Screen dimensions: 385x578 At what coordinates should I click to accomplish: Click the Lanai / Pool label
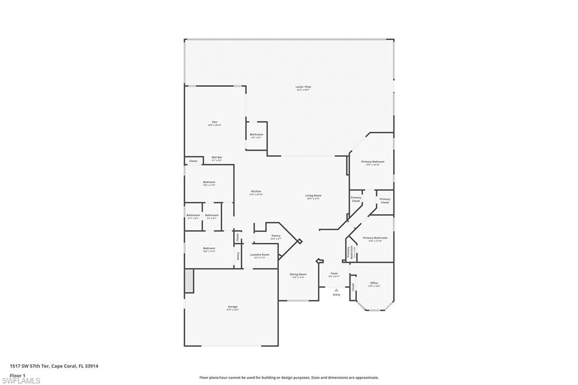tap(303, 87)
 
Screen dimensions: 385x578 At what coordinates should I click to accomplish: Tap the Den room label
tap(214, 122)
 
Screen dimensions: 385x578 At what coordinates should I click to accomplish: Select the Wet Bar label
tap(216, 157)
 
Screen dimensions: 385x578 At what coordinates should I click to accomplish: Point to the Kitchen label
tap(256, 191)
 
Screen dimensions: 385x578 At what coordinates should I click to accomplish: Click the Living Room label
tap(313, 195)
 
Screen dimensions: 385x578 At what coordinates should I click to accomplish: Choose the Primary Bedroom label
tap(373, 161)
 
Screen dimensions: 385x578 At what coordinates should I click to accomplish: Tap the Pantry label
tap(275, 235)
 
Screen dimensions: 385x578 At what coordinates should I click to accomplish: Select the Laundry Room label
tap(260, 255)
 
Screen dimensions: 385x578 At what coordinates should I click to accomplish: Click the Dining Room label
tap(298, 274)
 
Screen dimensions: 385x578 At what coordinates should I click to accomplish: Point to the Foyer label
tap(334, 273)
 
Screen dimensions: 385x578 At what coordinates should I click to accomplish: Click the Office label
tap(374, 283)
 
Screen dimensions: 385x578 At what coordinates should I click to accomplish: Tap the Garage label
tap(233, 307)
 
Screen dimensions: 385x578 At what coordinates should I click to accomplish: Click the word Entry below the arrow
tap(336, 295)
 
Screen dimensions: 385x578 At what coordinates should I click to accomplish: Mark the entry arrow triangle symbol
tap(336, 290)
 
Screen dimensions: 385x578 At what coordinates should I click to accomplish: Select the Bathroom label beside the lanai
tap(256, 134)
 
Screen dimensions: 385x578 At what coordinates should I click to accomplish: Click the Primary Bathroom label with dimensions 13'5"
tap(375, 238)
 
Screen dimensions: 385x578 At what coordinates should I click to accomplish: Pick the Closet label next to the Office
tap(353, 286)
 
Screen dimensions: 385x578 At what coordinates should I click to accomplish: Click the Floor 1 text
tap(17, 375)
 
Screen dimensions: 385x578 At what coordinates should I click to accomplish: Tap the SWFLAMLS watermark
tap(21, 380)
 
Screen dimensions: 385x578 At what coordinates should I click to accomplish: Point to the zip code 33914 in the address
tap(91, 366)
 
